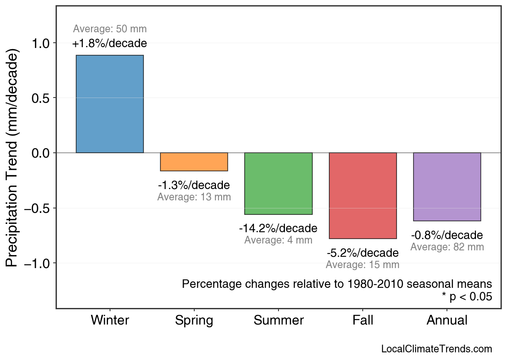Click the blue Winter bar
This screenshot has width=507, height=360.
(x=110, y=104)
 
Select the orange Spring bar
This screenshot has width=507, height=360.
(x=194, y=162)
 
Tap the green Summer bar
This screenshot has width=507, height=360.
(x=278, y=183)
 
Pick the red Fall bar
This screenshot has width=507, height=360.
(x=363, y=196)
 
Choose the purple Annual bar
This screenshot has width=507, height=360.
(x=447, y=187)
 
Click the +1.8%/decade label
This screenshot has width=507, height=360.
(x=110, y=44)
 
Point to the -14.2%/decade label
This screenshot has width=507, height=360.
(x=278, y=229)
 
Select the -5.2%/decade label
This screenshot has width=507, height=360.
(x=363, y=253)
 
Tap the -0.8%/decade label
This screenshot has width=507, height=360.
(x=447, y=235)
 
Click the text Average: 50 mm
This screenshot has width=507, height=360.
(x=110, y=29)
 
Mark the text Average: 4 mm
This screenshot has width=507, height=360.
(x=278, y=240)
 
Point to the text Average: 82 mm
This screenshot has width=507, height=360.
(x=447, y=247)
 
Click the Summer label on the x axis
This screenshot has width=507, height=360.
(x=278, y=320)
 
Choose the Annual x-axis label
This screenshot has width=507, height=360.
(x=447, y=320)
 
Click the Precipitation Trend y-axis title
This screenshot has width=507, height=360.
(x=13, y=158)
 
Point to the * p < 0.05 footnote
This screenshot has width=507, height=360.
(x=467, y=297)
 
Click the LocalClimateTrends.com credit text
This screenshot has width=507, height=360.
(x=436, y=349)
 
